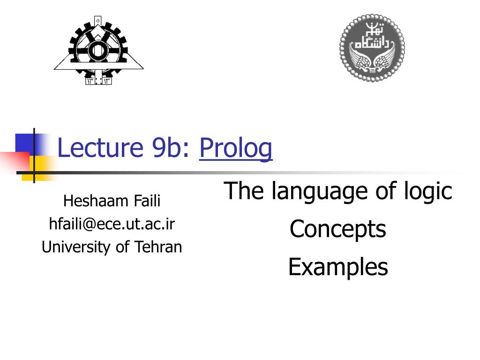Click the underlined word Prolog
point(236,149)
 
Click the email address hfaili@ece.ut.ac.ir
point(112,224)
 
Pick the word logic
point(427,191)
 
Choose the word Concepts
point(337,229)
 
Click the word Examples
point(337,267)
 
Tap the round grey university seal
point(372,47)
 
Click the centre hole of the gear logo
point(98,50)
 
